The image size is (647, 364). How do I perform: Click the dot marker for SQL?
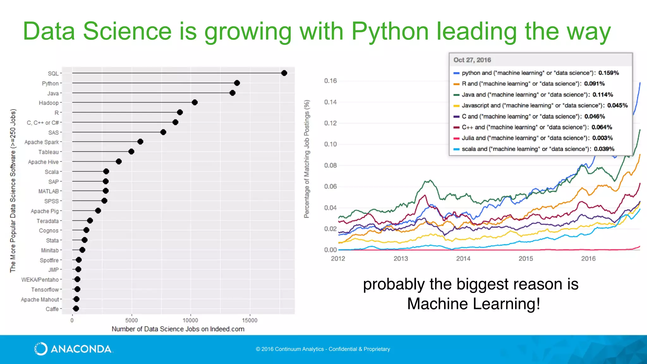point(284,73)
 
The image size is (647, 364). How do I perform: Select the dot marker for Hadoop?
point(195,102)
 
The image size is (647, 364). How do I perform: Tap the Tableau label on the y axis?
point(48,152)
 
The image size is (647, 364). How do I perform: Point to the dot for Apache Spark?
point(140,142)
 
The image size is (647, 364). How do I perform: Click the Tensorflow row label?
point(45,289)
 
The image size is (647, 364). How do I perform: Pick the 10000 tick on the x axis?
point(190,320)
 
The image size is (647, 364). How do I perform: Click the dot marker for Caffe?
point(76,309)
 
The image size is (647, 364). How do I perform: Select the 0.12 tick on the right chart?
point(330,123)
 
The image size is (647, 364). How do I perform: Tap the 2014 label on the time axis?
point(463,258)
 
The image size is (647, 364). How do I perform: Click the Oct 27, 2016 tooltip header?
point(472,60)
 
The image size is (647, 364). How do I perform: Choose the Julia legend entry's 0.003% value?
point(602,138)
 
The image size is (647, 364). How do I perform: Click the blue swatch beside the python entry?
point(456,73)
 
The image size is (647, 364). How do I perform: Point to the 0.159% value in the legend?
point(608,73)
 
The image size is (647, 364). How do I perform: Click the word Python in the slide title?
point(390,32)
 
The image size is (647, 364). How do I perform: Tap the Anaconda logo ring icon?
point(41,349)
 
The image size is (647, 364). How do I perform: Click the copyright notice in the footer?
point(323,349)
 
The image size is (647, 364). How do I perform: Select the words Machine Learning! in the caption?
point(473,304)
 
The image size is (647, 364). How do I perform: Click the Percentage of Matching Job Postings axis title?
point(306,159)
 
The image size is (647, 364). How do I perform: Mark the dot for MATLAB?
point(106,191)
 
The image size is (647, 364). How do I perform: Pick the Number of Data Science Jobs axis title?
point(178,329)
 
